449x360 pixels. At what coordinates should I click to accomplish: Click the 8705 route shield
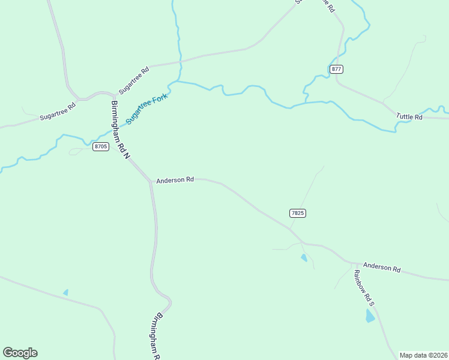pos(101,146)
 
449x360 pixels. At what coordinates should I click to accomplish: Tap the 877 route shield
pos(336,69)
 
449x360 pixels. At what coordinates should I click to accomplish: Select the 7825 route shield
pos(298,213)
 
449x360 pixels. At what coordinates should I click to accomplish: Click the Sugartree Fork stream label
pos(146,109)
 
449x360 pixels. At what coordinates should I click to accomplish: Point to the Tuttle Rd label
pos(409,116)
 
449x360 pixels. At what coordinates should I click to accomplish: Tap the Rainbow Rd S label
pos(364,288)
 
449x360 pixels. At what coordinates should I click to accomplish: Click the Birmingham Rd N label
pos(120,130)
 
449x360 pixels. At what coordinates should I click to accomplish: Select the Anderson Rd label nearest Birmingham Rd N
pos(175,179)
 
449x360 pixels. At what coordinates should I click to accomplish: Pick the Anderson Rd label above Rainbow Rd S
pos(382,268)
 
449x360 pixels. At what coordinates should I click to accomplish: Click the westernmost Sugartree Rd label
pos(58,112)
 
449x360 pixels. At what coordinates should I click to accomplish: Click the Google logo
pos(20,353)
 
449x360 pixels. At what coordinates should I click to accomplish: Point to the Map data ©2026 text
pos(423,355)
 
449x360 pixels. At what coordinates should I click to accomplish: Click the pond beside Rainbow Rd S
pos(370,316)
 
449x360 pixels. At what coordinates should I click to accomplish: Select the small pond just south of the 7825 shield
pos(304,258)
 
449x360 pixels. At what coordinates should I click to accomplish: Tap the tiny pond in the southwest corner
pos(65,292)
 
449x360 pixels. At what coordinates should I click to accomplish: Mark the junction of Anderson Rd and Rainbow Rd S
pos(352,263)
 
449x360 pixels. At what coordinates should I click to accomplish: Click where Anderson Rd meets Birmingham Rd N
pos(150,181)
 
